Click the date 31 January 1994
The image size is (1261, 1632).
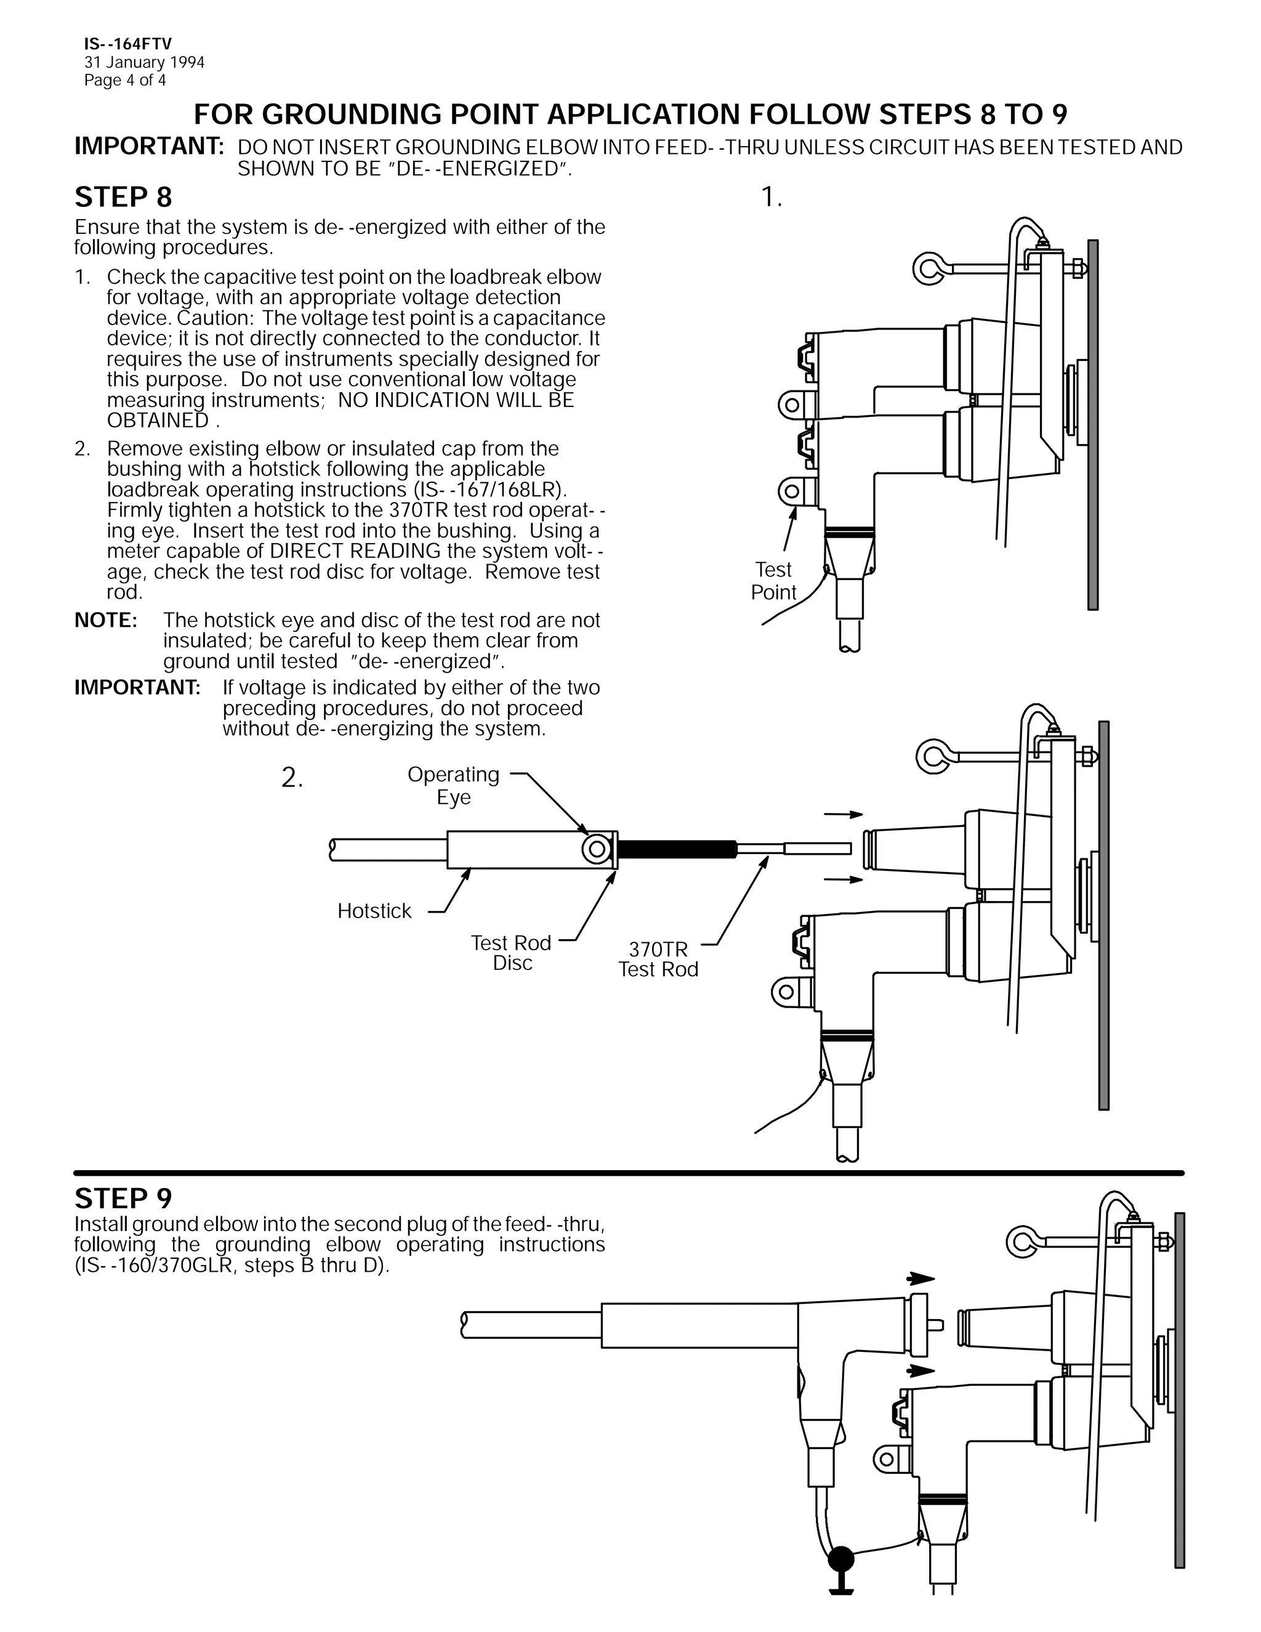(x=144, y=63)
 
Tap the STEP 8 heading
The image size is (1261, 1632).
(x=123, y=197)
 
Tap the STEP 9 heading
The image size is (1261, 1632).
(x=123, y=1198)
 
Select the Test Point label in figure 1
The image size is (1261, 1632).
(x=773, y=581)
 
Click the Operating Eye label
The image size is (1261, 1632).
(x=453, y=785)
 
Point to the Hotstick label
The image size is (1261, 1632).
(x=374, y=911)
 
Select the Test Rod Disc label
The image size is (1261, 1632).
(x=512, y=953)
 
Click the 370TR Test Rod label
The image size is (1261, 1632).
(x=658, y=959)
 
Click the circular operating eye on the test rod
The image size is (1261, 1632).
(x=597, y=850)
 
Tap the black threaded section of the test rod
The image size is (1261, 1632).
(x=676, y=849)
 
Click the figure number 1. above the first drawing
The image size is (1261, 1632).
(x=771, y=198)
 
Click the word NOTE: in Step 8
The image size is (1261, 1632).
(x=105, y=620)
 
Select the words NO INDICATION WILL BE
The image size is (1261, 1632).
(x=456, y=400)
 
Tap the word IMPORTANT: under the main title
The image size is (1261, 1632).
(x=150, y=147)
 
